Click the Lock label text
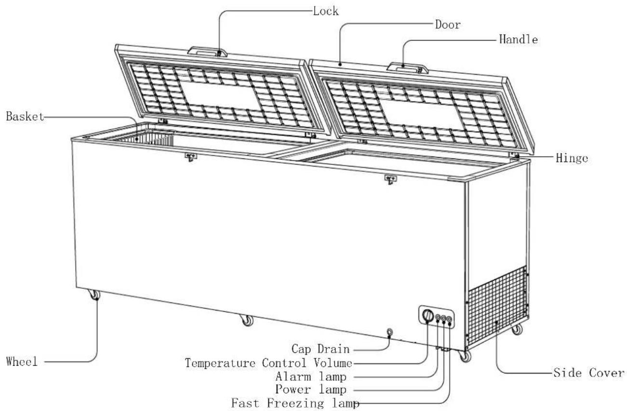[325, 11]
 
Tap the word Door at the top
[448, 25]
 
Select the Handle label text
[519, 39]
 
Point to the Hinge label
[572, 158]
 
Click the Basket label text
[25, 116]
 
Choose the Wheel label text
[22, 361]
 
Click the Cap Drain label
[320, 349]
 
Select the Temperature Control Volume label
[268, 363]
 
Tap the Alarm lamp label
[311, 377]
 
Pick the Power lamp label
[311, 389]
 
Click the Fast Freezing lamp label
[295, 403]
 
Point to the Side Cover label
[589, 372]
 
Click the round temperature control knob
[427, 315]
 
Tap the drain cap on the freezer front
[389, 332]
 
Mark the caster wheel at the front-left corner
[94, 295]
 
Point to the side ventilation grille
[498, 306]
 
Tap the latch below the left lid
[191, 157]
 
